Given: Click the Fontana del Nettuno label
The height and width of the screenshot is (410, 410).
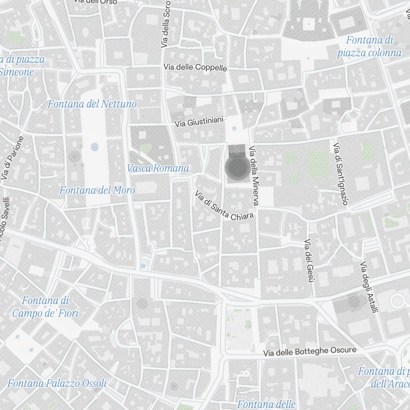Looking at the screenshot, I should (92, 104).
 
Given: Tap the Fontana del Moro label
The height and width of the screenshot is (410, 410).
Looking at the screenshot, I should (97, 190).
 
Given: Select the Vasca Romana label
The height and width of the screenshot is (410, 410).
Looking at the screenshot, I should (158, 168).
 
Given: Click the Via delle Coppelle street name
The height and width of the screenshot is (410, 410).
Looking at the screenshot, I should (195, 67).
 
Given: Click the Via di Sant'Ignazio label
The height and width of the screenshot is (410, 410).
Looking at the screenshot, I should (341, 174).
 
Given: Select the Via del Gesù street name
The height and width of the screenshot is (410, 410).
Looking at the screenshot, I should (309, 261).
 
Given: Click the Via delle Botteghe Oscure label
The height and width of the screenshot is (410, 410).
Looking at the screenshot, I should (310, 352).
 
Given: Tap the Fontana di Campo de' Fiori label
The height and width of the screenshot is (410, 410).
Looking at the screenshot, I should (45, 307).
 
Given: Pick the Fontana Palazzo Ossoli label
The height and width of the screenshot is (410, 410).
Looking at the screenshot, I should (57, 383).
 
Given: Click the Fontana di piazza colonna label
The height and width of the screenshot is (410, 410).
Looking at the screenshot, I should (369, 46).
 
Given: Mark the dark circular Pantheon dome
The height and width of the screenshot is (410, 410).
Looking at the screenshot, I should (237, 168).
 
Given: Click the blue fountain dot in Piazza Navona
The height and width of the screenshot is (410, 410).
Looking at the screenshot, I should (95, 146).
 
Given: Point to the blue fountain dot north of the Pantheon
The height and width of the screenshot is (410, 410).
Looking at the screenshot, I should (234, 128).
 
